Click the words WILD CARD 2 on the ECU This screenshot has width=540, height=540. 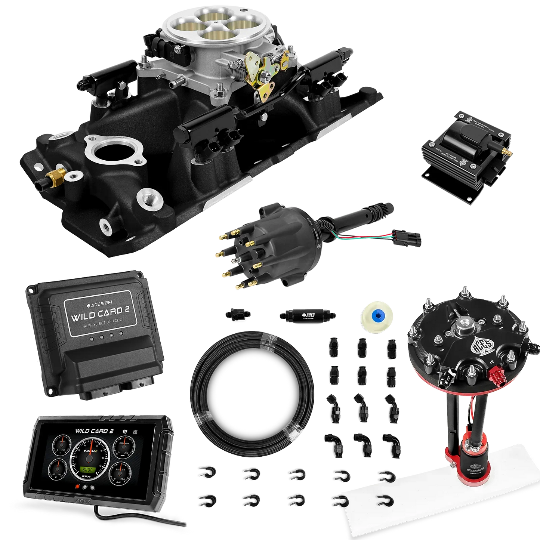coord(97,312)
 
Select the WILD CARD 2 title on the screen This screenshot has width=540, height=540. coord(94,431)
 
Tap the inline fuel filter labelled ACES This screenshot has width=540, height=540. coord(306,315)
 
